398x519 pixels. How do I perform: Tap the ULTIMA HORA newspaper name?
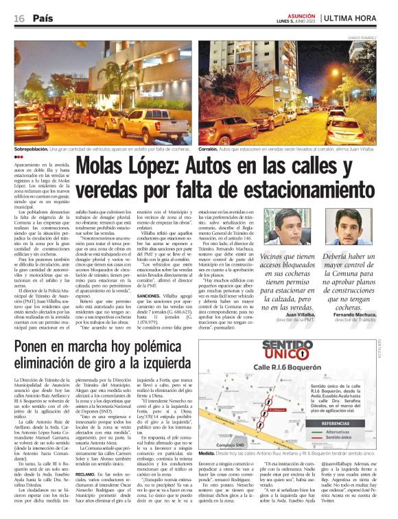363,19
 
